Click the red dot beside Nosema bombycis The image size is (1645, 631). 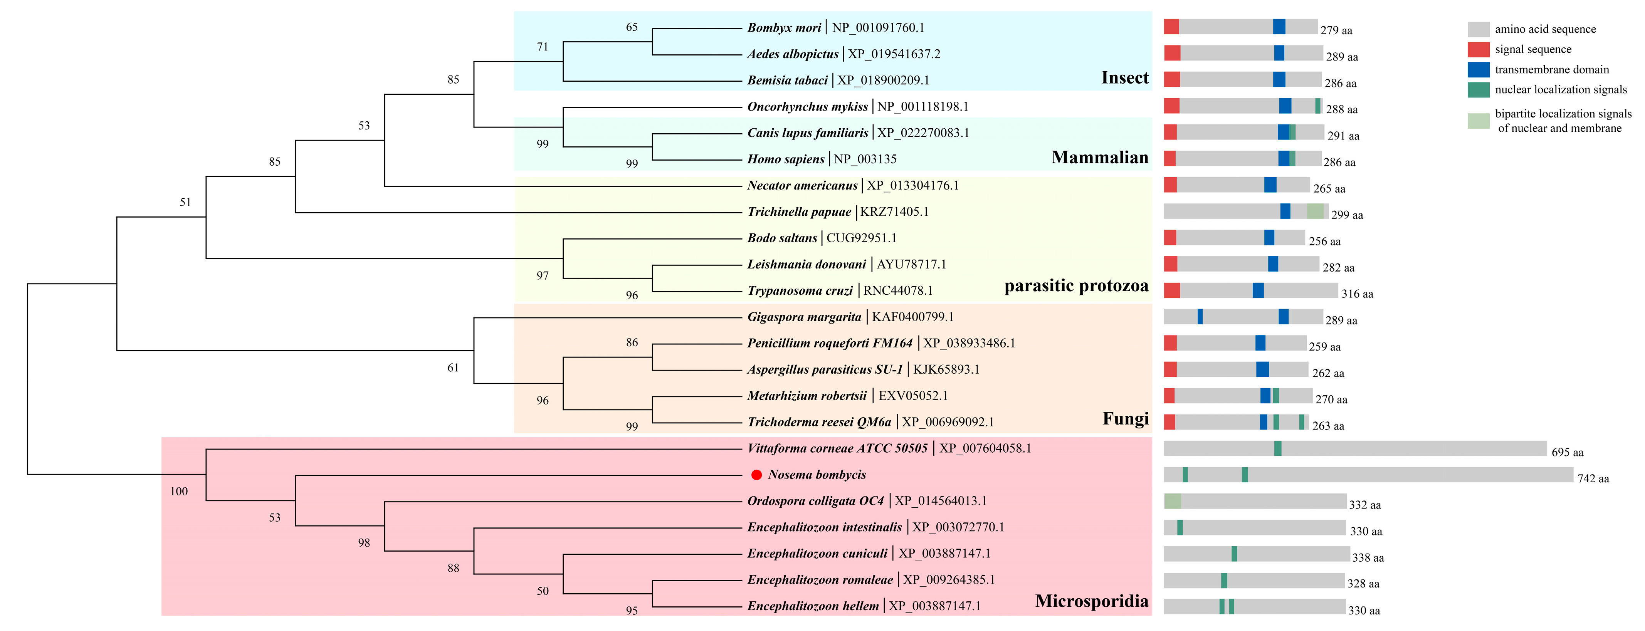tap(757, 475)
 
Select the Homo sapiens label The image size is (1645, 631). tap(785, 159)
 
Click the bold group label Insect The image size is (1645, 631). tap(1124, 78)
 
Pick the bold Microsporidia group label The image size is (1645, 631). tap(1091, 601)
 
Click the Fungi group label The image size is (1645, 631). tap(1125, 419)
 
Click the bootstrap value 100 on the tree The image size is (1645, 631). tap(179, 491)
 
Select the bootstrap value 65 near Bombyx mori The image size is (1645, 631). tap(632, 27)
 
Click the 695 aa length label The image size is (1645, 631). tap(1567, 452)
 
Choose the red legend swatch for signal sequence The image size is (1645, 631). tap(1478, 49)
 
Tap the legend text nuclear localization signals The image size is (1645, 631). tap(1561, 89)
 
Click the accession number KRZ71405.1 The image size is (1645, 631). tap(894, 211)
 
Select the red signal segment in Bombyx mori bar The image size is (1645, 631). tap(1171, 27)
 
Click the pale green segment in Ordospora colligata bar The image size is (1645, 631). tap(1173, 501)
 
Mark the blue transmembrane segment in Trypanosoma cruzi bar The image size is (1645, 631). tap(1258, 290)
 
